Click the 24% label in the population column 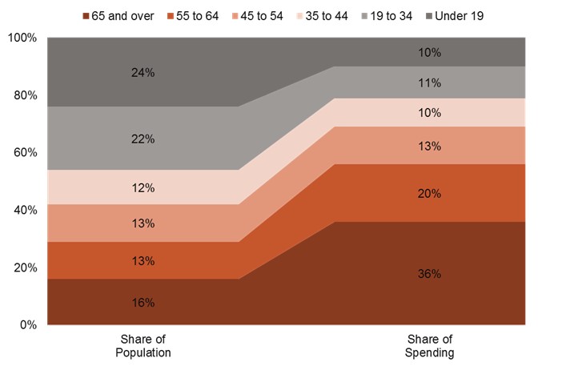[x=143, y=72]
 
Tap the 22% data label [x=143, y=139]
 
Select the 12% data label [x=143, y=187]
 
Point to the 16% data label [x=143, y=302]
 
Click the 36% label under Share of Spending [x=430, y=273]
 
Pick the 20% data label [x=430, y=193]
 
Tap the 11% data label [x=430, y=82]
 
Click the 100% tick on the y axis [x=22, y=38]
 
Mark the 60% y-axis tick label [x=25, y=153]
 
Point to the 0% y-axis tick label [x=28, y=324]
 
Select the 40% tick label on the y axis [x=25, y=210]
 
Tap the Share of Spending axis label [x=430, y=345]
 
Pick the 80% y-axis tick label [x=25, y=95]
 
